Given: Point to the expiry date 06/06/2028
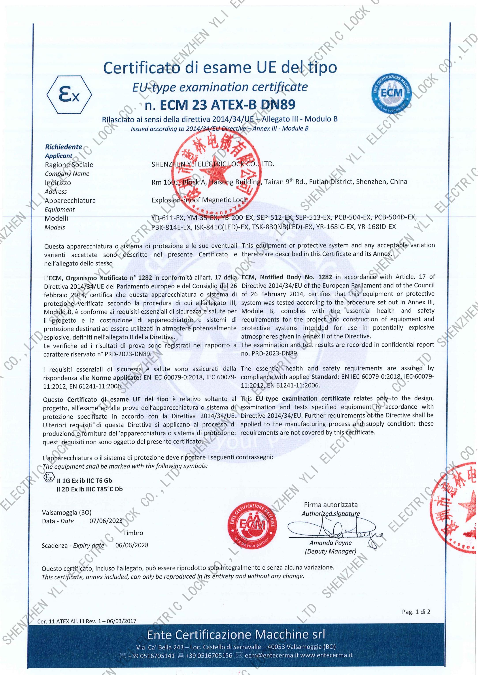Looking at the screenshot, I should (132, 553).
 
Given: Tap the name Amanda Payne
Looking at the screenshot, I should (331, 551).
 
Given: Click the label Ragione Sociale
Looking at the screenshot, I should (69, 165).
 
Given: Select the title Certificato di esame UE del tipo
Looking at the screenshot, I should (220, 68).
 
